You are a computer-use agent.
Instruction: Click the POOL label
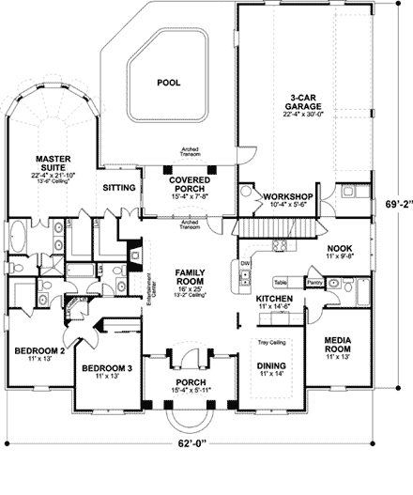tap(168, 83)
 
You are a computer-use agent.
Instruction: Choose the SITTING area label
tap(120, 188)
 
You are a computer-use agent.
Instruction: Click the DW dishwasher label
tap(245, 263)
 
